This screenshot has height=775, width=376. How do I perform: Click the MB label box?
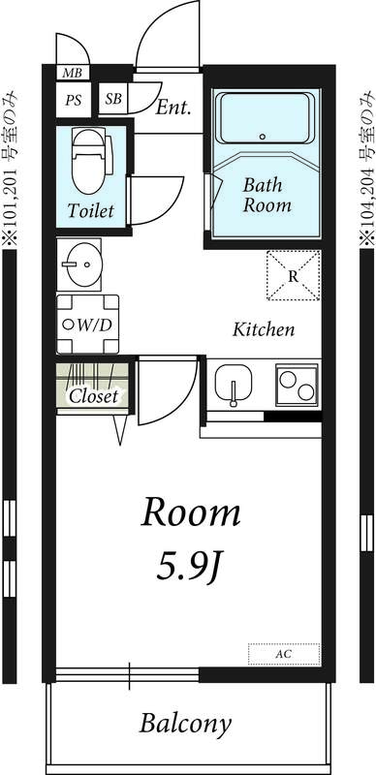[x=73, y=73]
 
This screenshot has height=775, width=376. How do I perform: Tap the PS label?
[x=74, y=99]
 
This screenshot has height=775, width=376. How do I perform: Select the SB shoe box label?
[x=113, y=99]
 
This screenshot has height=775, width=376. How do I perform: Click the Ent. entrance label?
[x=172, y=107]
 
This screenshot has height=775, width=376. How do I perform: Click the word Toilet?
[x=91, y=210]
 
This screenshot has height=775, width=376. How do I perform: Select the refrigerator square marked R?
[x=294, y=276]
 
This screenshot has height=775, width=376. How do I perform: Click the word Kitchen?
[x=264, y=329]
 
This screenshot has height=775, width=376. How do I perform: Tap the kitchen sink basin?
[x=235, y=386]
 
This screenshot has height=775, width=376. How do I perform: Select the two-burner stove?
[x=298, y=386]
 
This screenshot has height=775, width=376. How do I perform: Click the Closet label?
[x=92, y=396]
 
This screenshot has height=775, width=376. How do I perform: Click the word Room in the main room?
[x=191, y=513]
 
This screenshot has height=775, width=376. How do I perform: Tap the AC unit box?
[x=284, y=655]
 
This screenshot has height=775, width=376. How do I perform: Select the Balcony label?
[x=185, y=723]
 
